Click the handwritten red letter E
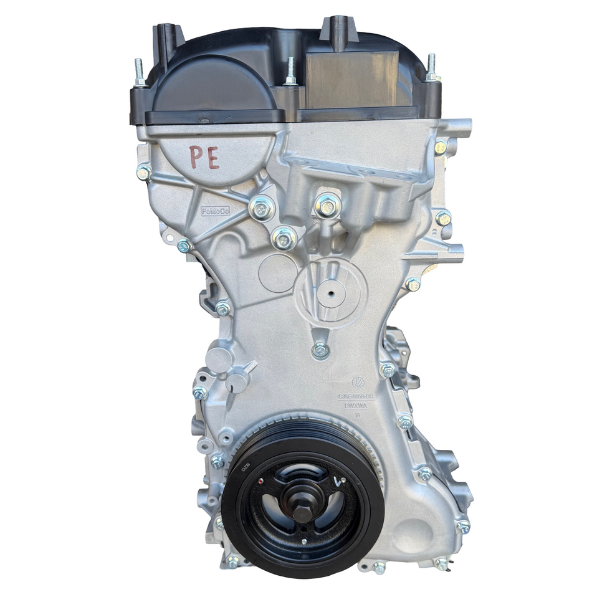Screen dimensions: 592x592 [x=212, y=158]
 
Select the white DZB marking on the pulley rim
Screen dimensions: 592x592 [x=246, y=465]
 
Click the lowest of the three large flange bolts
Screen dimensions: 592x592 [x=284, y=238]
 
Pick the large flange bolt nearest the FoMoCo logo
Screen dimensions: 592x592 [x=262, y=208]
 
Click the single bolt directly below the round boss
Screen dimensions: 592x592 [x=320, y=350]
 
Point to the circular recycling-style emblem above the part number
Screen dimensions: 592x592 [x=357, y=382]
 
